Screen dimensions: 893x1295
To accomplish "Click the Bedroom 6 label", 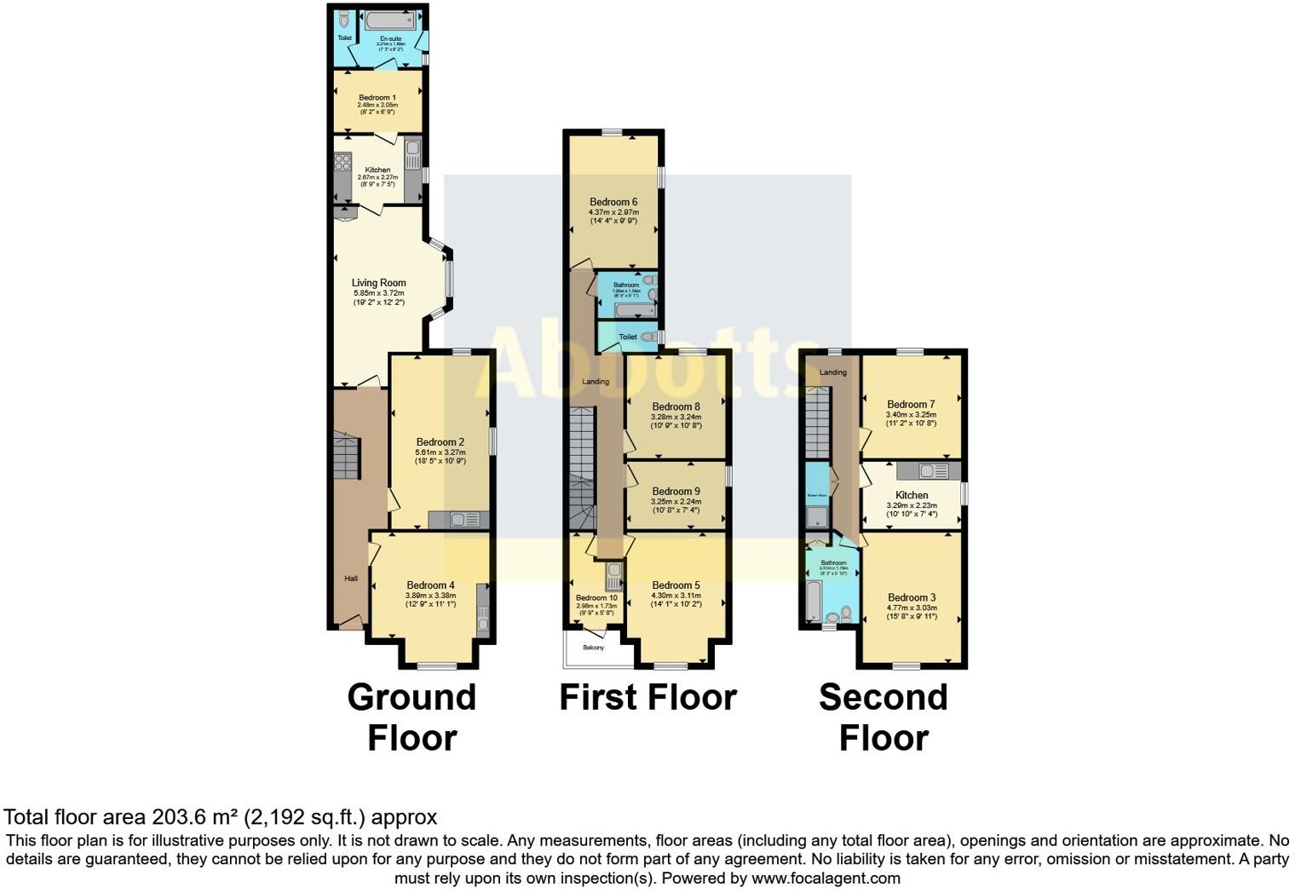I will (x=613, y=202).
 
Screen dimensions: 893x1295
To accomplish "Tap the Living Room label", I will (x=378, y=283).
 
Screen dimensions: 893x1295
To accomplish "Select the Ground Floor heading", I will (x=412, y=717).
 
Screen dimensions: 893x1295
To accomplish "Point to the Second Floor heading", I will (x=883, y=717).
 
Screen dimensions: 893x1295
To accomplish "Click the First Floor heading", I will (x=647, y=698).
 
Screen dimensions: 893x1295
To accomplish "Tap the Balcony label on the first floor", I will (x=593, y=648).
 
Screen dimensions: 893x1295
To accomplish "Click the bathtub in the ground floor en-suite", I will (x=390, y=21).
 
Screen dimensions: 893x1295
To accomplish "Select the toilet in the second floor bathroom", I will (x=846, y=613).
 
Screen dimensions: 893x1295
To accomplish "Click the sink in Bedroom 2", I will (x=464, y=519).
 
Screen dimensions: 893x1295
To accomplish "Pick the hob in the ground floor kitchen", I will (x=342, y=162).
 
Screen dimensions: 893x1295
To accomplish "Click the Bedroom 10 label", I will (x=596, y=598).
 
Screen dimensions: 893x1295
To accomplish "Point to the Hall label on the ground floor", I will (x=351, y=579).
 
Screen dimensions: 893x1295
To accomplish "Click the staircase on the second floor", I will (x=817, y=422).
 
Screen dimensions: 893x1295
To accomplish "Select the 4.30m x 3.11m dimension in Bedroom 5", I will (x=676, y=596).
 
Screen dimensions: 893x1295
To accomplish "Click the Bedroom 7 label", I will (x=911, y=404).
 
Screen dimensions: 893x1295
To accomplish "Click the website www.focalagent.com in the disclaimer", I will (x=826, y=878).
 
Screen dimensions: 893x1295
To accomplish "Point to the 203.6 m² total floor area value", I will (x=195, y=817).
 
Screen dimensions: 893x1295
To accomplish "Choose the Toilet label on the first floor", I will (x=628, y=337).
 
